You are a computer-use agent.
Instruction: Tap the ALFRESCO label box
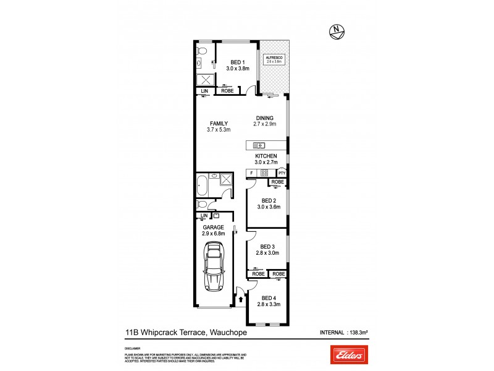point(273,59)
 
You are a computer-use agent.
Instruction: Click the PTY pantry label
point(282,173)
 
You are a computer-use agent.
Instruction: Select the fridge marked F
point(251,173)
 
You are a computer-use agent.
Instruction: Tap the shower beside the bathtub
point(226,181)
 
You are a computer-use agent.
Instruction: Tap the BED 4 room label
point(267,302)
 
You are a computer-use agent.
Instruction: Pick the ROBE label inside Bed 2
point(277,182)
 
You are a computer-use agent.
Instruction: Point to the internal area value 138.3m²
point(359,333)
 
